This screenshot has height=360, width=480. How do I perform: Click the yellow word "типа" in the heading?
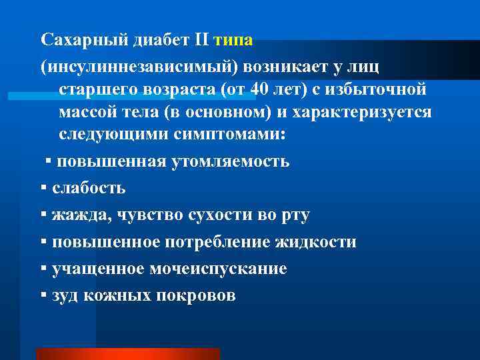tap(233, 40)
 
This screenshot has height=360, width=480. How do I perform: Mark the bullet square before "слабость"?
tap(43, 187)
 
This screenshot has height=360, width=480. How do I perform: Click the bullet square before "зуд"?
tap(43, 295)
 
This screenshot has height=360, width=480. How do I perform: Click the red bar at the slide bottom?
tap(127, 353)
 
